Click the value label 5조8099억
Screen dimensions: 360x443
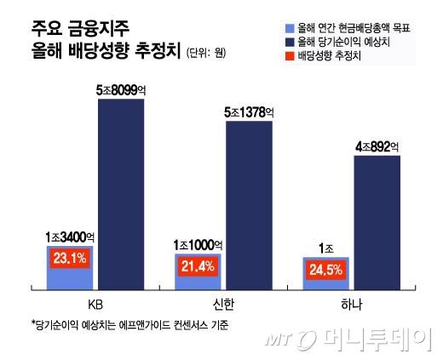[x=125, y=88]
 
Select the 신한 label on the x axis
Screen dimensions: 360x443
[x=222, y=304]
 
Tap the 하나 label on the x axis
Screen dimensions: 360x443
[x=349, y=304]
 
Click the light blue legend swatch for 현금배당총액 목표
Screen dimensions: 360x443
[x=291, y=27]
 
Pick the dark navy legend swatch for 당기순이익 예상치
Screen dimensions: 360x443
[x=291, y=40]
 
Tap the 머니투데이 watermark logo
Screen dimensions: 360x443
[x=366, y=340]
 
